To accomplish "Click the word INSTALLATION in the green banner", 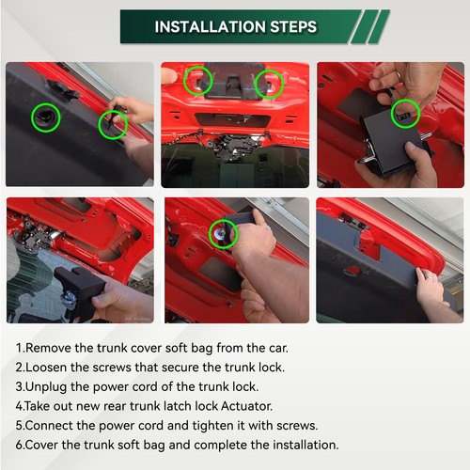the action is [211, 27].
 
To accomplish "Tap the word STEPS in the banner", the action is [293, 27].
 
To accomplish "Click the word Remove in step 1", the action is [48, 348].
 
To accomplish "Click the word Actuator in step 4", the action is [246, 406].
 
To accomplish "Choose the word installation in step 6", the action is [305, 445].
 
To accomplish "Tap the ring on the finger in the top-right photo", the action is [398, 75].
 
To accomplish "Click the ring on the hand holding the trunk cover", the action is [430, 276].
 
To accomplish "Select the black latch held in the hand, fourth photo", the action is [78, 290].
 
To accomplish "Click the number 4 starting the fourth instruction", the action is [20, 406].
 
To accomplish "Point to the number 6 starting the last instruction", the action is [20, 446].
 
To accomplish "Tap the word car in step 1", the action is [277, 349].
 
